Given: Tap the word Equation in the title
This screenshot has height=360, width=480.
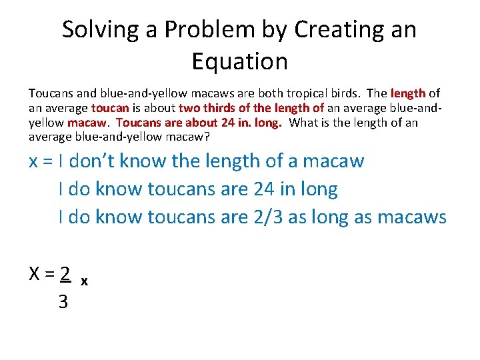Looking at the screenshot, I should tap(239, 61).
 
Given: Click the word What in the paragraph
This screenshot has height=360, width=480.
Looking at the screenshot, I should tap(305, 123).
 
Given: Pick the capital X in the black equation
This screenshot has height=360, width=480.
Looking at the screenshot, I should tap(35, 273).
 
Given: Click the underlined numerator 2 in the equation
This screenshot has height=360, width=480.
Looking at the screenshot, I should tap(65, 273).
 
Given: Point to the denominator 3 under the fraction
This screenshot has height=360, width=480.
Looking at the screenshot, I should tap(63, 302).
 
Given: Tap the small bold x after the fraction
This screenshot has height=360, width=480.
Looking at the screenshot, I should tap(83, 281).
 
